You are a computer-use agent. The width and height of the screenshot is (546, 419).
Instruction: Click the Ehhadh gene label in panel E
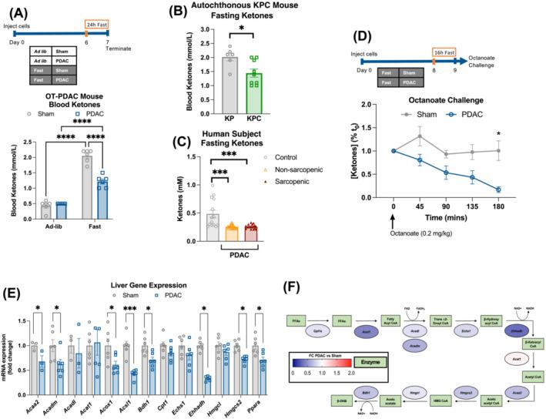(x=205, y=401)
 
